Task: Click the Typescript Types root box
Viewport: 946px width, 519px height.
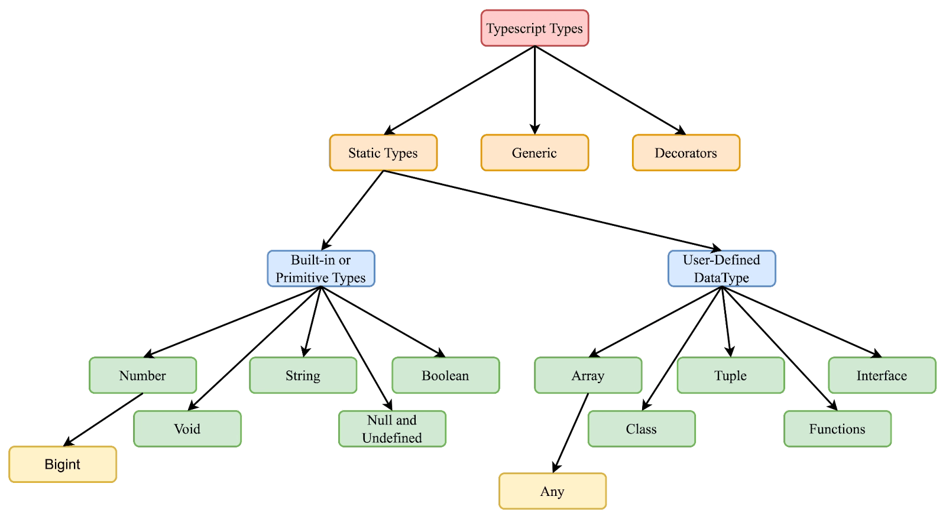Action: (534, 28)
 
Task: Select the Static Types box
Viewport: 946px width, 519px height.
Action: (383, 153)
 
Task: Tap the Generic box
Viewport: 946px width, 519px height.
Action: (534, 153)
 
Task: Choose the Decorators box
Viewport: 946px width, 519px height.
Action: (686, 153)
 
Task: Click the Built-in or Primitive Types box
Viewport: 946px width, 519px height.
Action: (320, 269)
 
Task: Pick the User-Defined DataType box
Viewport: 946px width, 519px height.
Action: (721, 269)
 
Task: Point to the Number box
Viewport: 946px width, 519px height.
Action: (142, 375)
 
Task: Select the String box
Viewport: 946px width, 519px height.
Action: (303, 375)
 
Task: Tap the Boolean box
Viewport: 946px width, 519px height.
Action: (445, 375)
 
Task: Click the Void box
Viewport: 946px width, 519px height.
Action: (187, 429)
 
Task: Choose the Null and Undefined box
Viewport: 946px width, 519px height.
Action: (392, 429)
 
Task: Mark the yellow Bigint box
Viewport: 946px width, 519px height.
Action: (63, 464)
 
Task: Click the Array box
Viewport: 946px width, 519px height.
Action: (588, 375)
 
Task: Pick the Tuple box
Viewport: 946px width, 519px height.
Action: (730, 375)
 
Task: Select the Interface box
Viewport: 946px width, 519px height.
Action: (882, 375)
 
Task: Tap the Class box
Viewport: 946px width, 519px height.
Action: (642, 429)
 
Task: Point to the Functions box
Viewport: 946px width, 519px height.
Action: (837, 429)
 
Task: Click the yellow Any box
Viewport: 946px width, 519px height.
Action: (552, 491)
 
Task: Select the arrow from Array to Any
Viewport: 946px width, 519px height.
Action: (571, 432)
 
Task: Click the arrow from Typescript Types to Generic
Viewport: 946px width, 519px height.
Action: (534, 89)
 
